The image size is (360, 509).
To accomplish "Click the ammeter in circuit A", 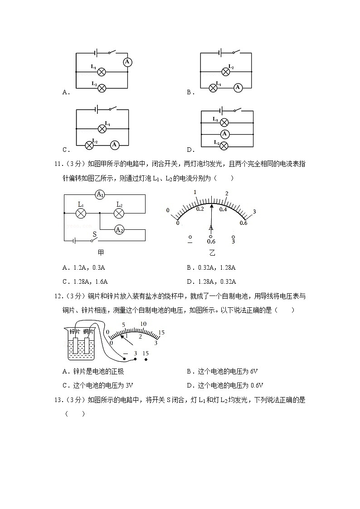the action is pos(127,62).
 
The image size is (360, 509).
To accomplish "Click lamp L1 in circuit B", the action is pos(213,88).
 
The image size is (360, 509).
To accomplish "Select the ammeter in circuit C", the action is pos(115,145).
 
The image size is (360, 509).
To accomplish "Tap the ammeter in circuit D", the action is pos(224,134).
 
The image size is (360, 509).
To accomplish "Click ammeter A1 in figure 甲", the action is pos(100,195).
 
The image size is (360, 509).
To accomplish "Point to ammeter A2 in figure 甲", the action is pos(119,230).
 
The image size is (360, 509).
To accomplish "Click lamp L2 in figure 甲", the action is pos(119,213).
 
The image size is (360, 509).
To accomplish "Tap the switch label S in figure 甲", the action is pos(95,234).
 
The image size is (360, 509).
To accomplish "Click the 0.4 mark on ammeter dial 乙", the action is pos(223,209).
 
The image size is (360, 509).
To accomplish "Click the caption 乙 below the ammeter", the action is pos(212,253).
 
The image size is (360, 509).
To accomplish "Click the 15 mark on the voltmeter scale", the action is pos(161,332).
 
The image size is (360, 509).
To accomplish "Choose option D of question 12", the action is pos(225,386).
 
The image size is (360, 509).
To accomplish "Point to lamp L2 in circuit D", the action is pos(224,145).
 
